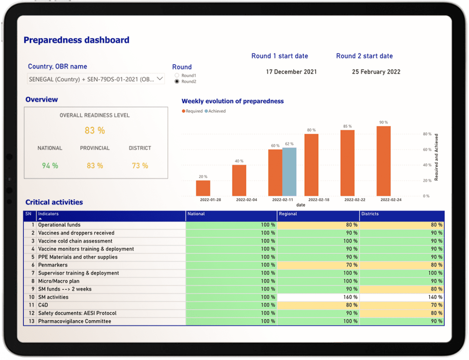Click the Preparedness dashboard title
tap(76, 40)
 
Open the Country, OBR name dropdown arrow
tap(160, 79)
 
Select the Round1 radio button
tap(177, 76)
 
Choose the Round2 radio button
tap(177, 82)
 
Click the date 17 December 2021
tap(291, 72)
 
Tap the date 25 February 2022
tap(376, 72)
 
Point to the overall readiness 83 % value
tap(95, 131)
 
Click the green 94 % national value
tap(50, 166)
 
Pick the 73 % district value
tap(140, 166)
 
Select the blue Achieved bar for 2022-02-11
tap(289, 172)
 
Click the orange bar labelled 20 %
tap(203, 188)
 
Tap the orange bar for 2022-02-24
tap(383, 161)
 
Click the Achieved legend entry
tap(217, 111)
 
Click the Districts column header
tap(370, 214)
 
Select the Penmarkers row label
tap(53, 265)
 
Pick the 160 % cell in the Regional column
tap(318, 297)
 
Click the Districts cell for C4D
tap(402, 305)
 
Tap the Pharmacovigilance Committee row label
tap(75, 321)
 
